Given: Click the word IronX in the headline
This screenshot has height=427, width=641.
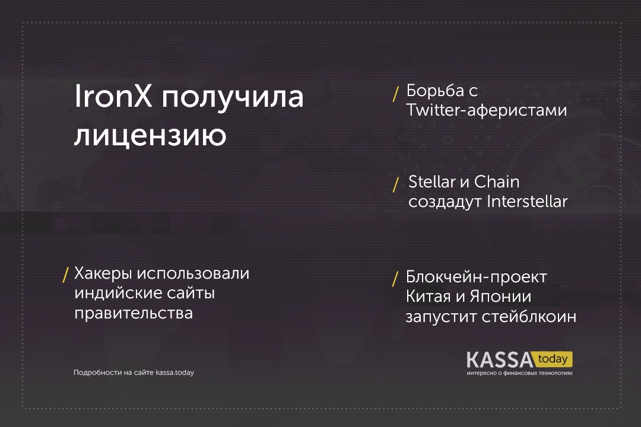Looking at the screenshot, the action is pos(113,97).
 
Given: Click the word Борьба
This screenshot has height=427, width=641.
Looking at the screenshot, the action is pos(436,91).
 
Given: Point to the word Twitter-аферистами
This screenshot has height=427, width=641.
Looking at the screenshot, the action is pos(487,110).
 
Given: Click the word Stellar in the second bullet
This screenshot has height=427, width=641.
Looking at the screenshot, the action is pos(432,182).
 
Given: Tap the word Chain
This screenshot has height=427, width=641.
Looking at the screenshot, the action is pos(497,182).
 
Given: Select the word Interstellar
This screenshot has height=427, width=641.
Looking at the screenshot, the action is pos(528,202).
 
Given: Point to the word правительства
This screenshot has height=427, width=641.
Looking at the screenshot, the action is pos(134,313).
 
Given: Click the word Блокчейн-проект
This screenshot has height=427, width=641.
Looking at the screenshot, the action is pos(476,278).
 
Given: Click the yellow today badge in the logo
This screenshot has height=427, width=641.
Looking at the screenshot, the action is pos(553,359).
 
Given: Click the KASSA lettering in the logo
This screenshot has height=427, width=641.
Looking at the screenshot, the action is pos(500,360).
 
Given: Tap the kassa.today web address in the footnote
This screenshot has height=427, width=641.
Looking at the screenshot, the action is pos(174,372).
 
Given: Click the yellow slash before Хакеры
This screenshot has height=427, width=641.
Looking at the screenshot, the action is pos(65,275).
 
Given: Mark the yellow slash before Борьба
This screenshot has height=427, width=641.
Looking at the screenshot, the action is pos(395,94).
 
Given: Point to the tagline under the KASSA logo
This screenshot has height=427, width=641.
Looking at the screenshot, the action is pos(519,373).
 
